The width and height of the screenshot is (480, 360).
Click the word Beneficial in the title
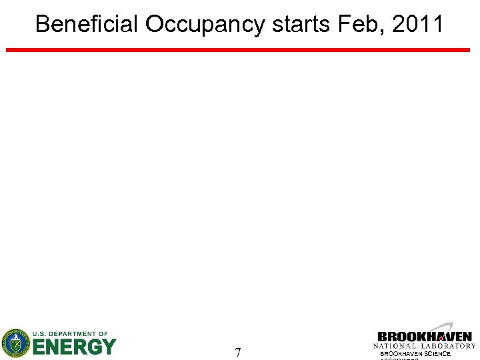pos(87,25)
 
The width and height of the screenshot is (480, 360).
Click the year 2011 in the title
pos(418,25)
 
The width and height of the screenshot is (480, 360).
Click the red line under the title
pos(238,49)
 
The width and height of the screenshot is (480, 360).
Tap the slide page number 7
pos(238,352)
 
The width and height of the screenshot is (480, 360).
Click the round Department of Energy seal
pos(15,343)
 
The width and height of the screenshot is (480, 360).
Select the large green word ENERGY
pos(74,347)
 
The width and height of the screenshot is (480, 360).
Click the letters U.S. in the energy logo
pos(41,333)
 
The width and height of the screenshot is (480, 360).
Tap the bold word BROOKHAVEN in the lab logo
pos(425,337)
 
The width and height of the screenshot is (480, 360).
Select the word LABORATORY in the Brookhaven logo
pos(449,346)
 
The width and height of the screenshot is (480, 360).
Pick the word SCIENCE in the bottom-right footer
pos(437,354)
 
